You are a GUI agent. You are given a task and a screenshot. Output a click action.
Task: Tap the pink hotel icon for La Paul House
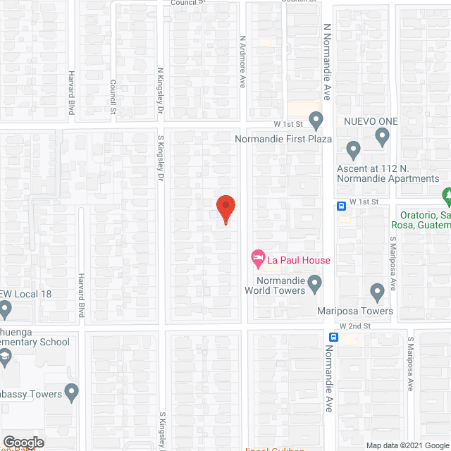tap(258, 260)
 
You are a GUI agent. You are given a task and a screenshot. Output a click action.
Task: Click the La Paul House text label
tap(298, 261)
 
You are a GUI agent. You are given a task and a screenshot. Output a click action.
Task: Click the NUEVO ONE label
tap(371, 121)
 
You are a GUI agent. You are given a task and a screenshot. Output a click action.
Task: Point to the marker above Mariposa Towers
tap(377, 290)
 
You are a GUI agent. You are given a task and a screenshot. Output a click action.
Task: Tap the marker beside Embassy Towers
tap(71, 391)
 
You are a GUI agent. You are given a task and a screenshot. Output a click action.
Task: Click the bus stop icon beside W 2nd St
tap(333, 337)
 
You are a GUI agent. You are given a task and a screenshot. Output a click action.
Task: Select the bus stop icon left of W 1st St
tap(341, 206)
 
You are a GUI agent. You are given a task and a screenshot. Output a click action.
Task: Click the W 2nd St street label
tap(355, 326)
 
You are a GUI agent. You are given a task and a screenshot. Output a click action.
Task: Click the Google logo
tap(23, 442)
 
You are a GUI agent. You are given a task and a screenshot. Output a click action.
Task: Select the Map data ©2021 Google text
tap(407, 445)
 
